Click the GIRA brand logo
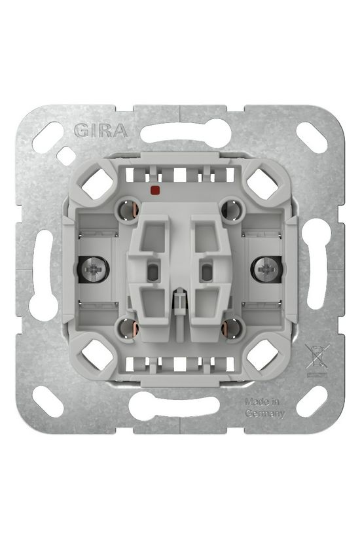(x=101, y=130)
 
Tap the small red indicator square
(x=154, y=190)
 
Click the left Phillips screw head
(x=94, y=269)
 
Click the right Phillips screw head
(x=266, y=269)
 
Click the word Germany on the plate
(x=265, y=414)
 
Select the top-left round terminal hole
(x=129, y=210)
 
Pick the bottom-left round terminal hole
(x=129, y=328)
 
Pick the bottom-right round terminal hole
(x=232, y=328)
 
